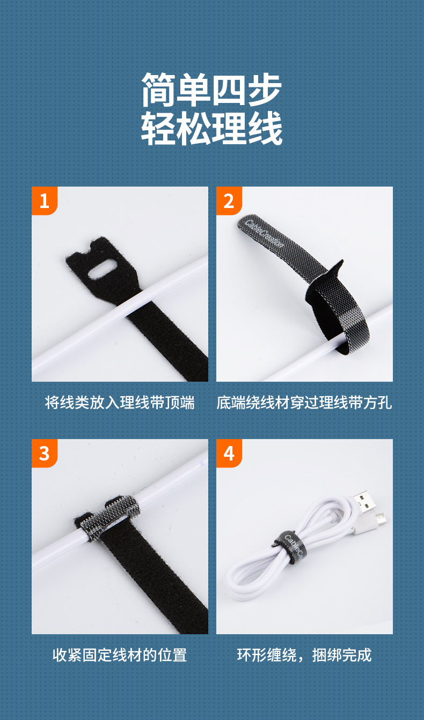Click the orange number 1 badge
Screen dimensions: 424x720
tap(45, 201)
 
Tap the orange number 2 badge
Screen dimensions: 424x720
tap(229, 201)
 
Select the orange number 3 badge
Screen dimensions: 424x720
tap(45, 453)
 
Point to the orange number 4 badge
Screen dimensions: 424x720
tap(229, 453)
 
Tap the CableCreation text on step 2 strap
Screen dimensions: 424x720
tap(264, 234)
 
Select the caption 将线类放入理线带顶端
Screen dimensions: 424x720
tap(120, 403)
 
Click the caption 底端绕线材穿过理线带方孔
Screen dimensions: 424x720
tap(304, 403)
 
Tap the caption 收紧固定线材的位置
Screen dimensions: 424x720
tap(120, 655)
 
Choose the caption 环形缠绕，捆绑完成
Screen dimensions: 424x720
tap(304, 655)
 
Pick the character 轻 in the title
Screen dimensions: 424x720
tap(159, 128)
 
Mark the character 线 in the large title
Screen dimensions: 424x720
tap(265, 128)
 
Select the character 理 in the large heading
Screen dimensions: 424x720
tap(229, 128)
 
